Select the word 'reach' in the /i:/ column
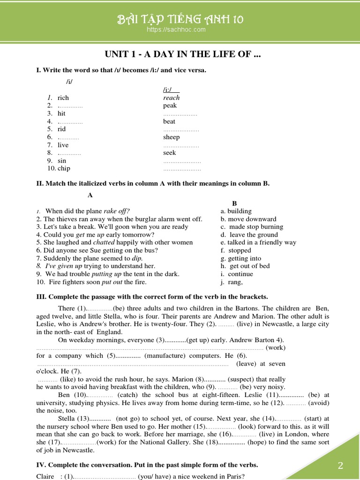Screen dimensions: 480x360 (x=171, y=97)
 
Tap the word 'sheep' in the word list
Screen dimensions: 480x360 (x=171, y=137)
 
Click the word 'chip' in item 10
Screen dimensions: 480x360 (x=64, y=168)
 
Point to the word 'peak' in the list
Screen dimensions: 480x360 (x=170, y=105)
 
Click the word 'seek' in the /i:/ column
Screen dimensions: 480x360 (x=169, y=152)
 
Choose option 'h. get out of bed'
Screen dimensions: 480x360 (x=245, y=266)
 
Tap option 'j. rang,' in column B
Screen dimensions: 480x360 (x=232, y=282)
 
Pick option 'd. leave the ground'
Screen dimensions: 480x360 (x=249, y=234)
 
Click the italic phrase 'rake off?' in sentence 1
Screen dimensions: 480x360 (x=117, y=211)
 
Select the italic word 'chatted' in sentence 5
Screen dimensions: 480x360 (x=104, y=242)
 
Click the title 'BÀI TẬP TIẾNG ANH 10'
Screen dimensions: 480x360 (x=180, y=19)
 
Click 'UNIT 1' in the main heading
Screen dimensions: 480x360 (x=120, y=54)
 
